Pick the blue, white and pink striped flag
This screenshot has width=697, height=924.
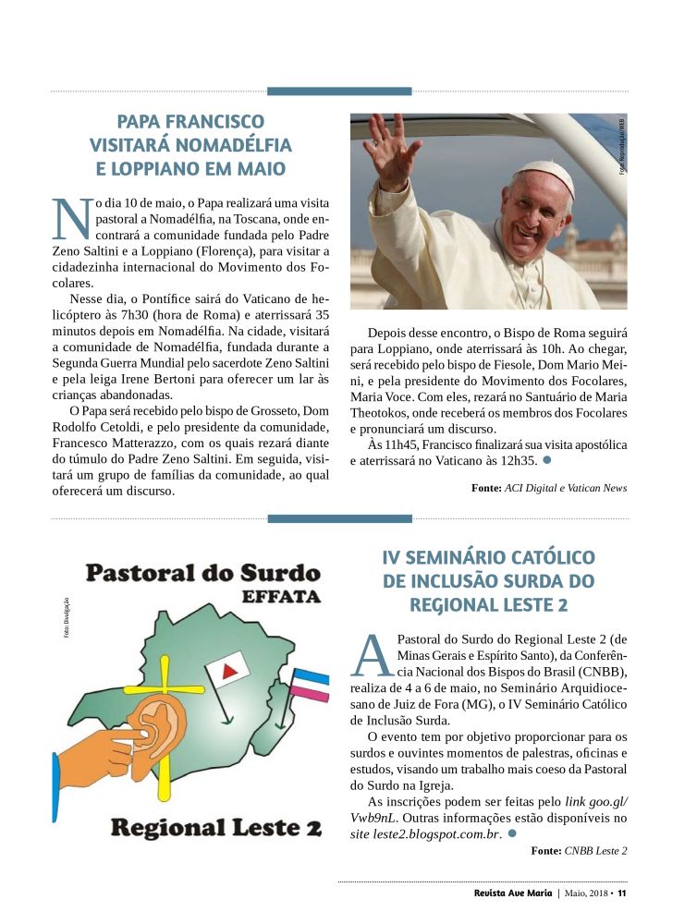[311, 687]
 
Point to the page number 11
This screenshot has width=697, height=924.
[623, 894]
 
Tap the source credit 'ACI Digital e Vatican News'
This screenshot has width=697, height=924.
[566, 489]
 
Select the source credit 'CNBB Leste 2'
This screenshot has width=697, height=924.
[595, 851]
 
